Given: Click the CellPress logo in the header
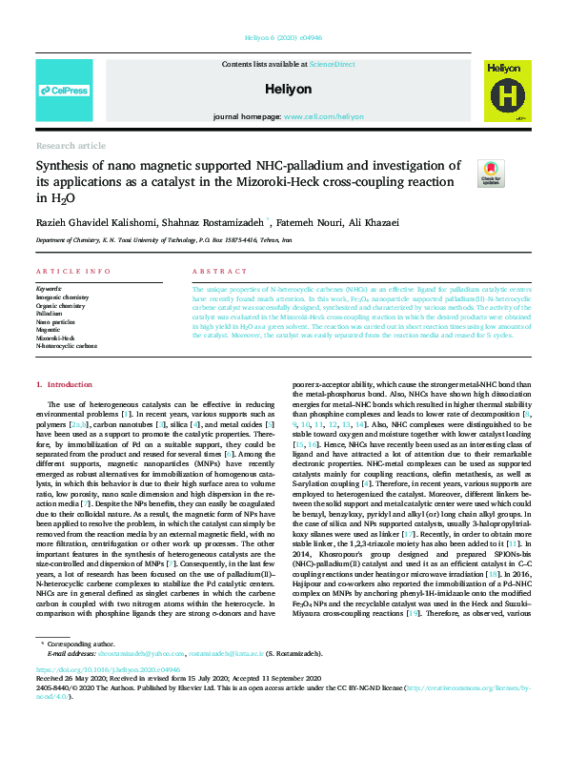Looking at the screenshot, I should coord(64,92).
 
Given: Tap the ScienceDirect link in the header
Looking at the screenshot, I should coord(332,63).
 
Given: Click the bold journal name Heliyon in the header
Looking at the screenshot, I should coord(289,89).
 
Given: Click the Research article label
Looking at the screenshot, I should coord(71,146).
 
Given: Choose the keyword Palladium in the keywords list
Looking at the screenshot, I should coord(51,312).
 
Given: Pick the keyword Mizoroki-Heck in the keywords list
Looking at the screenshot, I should coord(55,338).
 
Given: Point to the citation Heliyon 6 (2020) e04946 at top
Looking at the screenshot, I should coord(283,38).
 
